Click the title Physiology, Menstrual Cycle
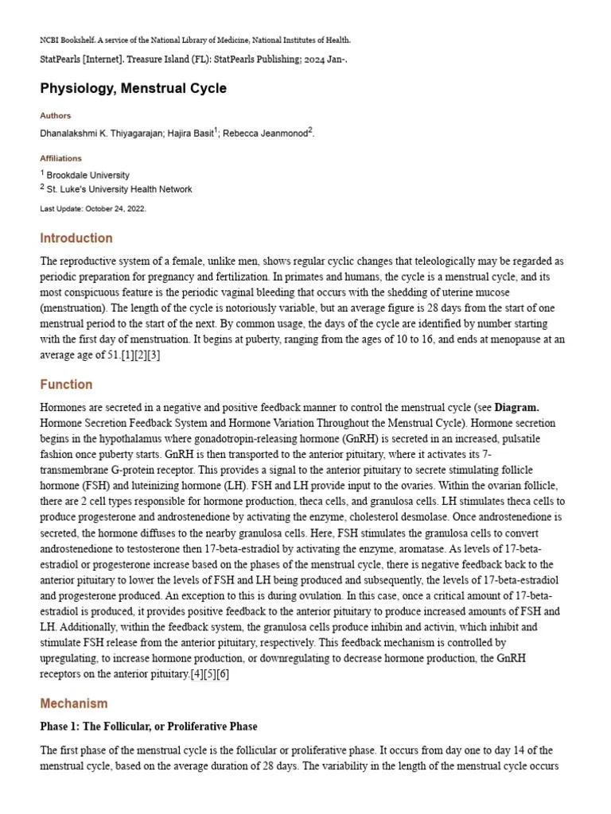click(133, 88)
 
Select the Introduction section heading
click(76, 238)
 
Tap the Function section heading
click(66, 385)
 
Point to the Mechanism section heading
click(73, 704)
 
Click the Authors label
click(55, 115)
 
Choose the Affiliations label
click(60, 158)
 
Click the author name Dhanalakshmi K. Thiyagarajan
click(101, 134)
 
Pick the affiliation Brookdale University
click(88, 175)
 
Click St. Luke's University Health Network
click(119, 189)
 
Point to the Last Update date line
click(93, 208)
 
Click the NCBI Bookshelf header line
click(195, 40)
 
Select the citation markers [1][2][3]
click(140, 355)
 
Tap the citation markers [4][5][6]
click(209, 674)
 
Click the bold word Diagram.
click(516, 408)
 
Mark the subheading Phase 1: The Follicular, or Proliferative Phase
click(149, 727)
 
